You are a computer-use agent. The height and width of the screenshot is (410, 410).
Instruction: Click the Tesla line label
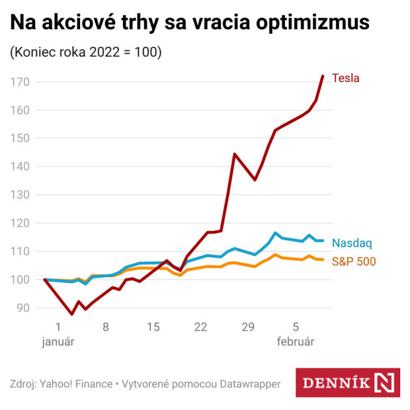[x=346, y=78]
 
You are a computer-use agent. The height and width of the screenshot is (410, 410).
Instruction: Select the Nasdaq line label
[x=351, y=243]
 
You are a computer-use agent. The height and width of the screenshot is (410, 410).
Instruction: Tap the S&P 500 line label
[x=354, y=262]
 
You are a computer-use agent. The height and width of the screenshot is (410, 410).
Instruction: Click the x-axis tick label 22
[x=200, y=327]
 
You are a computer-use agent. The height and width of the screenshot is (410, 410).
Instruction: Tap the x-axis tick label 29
[x=248, y=327]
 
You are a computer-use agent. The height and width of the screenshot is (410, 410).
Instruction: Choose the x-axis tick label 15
[x=153, y=327]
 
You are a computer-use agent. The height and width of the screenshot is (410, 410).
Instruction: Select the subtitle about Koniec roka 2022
[x=85, y=53]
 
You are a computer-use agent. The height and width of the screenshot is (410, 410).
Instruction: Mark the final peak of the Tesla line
[x=323, y=76]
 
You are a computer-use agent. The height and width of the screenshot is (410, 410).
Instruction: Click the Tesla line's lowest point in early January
[x=72, y=314]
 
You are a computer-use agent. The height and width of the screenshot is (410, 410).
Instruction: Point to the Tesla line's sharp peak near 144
[x=234, y=154]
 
